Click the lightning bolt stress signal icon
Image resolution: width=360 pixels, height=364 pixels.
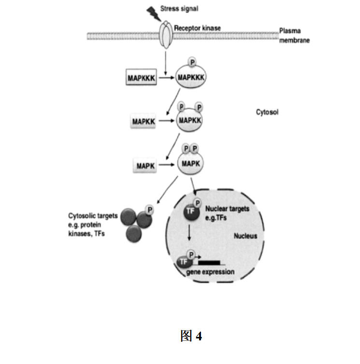[x=153, y=14]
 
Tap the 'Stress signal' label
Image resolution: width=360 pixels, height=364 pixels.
[x=179, y=9]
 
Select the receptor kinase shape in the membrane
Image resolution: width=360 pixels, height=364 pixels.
[x=166, y=35]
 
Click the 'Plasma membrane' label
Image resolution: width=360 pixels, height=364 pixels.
[x=294, y=36]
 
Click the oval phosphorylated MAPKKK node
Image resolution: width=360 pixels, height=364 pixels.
[x=190, y=77]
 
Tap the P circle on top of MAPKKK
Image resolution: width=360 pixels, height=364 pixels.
[x=192, y=62]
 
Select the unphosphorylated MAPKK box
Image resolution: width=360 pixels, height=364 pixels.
[x=143, y=121]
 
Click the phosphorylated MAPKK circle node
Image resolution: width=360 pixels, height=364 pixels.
[x=189, y=120]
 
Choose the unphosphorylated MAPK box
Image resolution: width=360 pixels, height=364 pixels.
[x=145, y=166]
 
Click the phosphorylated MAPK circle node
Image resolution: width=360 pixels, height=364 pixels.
[x=190, y=164]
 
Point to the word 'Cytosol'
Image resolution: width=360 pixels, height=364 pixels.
[x=267, y=112]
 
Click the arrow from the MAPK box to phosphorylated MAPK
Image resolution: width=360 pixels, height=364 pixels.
[x=166, y=165]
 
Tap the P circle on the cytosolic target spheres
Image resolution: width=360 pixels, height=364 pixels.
[x=149, y=210]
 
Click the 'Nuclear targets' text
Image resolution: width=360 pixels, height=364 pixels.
[x=227, y=209]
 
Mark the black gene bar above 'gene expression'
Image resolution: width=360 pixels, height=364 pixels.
[x=209, y=263]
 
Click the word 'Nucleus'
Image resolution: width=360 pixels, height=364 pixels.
[x=245, y=236]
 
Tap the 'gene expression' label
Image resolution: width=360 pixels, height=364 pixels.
[x=210, y=272]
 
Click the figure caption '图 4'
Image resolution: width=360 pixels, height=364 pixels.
[x=191, y=336]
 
